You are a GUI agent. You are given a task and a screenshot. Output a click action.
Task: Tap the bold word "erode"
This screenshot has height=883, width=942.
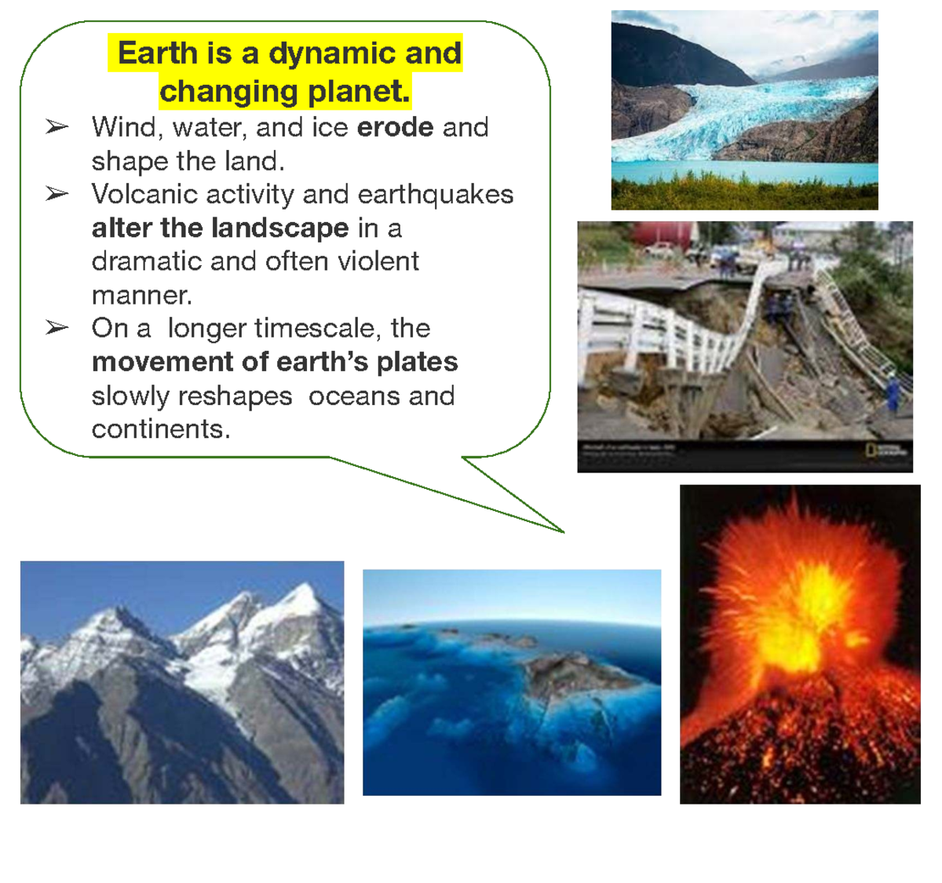pos(395,127)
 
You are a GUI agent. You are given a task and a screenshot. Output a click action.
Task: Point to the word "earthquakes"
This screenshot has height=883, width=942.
pos(436,194)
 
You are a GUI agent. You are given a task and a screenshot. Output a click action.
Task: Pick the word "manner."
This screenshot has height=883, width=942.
pos(141,295)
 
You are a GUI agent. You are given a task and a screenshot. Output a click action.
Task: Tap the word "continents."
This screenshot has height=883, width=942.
pos(161,429)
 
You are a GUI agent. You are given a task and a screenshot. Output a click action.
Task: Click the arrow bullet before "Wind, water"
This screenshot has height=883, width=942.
pos(57,126)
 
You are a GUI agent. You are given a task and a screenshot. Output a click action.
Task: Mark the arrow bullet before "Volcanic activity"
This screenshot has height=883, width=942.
pos(57,194)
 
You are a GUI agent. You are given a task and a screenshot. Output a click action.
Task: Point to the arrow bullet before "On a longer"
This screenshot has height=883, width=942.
pos(57,327)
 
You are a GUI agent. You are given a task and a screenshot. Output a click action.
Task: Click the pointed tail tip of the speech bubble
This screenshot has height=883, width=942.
pos(563,531)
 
